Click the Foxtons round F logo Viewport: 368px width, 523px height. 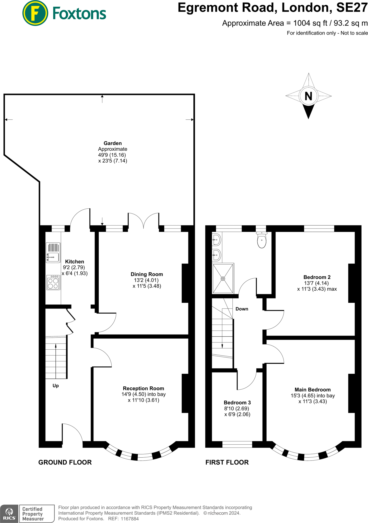click(x=35, y=13)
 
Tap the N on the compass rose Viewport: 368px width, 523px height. click(x=308, y=96)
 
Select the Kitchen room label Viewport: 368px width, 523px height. click(x=75, y=261)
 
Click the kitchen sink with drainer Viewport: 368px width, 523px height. click(x=53, y=253)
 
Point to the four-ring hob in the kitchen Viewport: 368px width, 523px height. click(x=53, y=283)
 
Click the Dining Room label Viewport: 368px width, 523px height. click(x=147, y=274)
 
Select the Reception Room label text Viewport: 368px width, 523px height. click(x=144, y=388)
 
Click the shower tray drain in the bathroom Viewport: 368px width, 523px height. click(x=223, y=279)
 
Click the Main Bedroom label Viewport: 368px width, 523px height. click(x=313, y=390)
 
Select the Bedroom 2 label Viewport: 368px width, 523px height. click(x=317, y=277)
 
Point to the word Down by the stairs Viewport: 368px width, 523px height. click(x=242, y=309)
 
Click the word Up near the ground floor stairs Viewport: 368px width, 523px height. click(x=56, y=386)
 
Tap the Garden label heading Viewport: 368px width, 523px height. click(x=113, y=143)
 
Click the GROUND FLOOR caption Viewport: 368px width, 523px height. click(x=65, y=462)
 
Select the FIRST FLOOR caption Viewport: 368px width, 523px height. click(x=227, y=462)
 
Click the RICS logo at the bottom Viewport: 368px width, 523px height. click(x=9, y=514)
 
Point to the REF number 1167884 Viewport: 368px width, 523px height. click(x=130, y=519)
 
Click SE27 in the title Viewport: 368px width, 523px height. click(x=352, y=8)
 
